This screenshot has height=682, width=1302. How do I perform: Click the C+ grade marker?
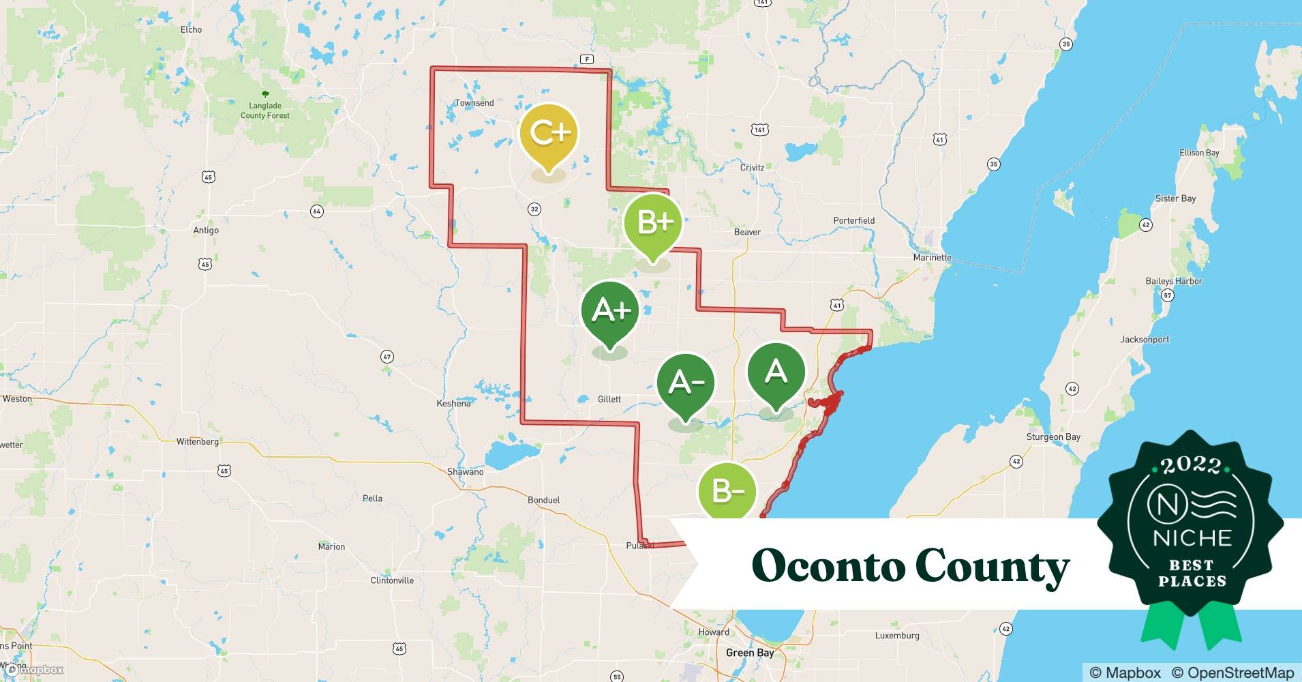(549, 133)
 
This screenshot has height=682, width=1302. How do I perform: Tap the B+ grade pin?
(653, 222)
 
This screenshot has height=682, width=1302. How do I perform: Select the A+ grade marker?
(610, 310)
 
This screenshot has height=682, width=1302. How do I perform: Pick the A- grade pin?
(685, 383)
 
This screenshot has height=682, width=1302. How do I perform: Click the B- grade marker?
(727, 492)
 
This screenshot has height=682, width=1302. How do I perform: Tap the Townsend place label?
(474, 103)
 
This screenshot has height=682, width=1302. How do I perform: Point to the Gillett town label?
(609, 399)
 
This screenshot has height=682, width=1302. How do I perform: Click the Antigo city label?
(206, 231)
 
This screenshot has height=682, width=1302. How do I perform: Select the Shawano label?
(465, 471)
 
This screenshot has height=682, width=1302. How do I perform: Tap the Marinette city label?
(932, 257)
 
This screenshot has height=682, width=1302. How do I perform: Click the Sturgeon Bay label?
(1053, 436)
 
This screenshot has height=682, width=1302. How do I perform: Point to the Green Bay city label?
(750, 653)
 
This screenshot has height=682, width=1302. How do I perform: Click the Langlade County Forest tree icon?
(265, 94)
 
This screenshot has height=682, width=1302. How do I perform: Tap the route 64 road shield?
(316, 211)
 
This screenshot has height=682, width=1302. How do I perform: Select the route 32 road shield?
(534, 209)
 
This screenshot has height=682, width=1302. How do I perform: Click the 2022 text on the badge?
(1190, 466)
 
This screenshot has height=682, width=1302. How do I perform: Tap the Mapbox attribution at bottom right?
(1125, 672)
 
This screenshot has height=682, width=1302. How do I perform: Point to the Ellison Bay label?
(1199, 153)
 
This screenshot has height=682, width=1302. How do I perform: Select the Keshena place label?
(453, 404)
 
